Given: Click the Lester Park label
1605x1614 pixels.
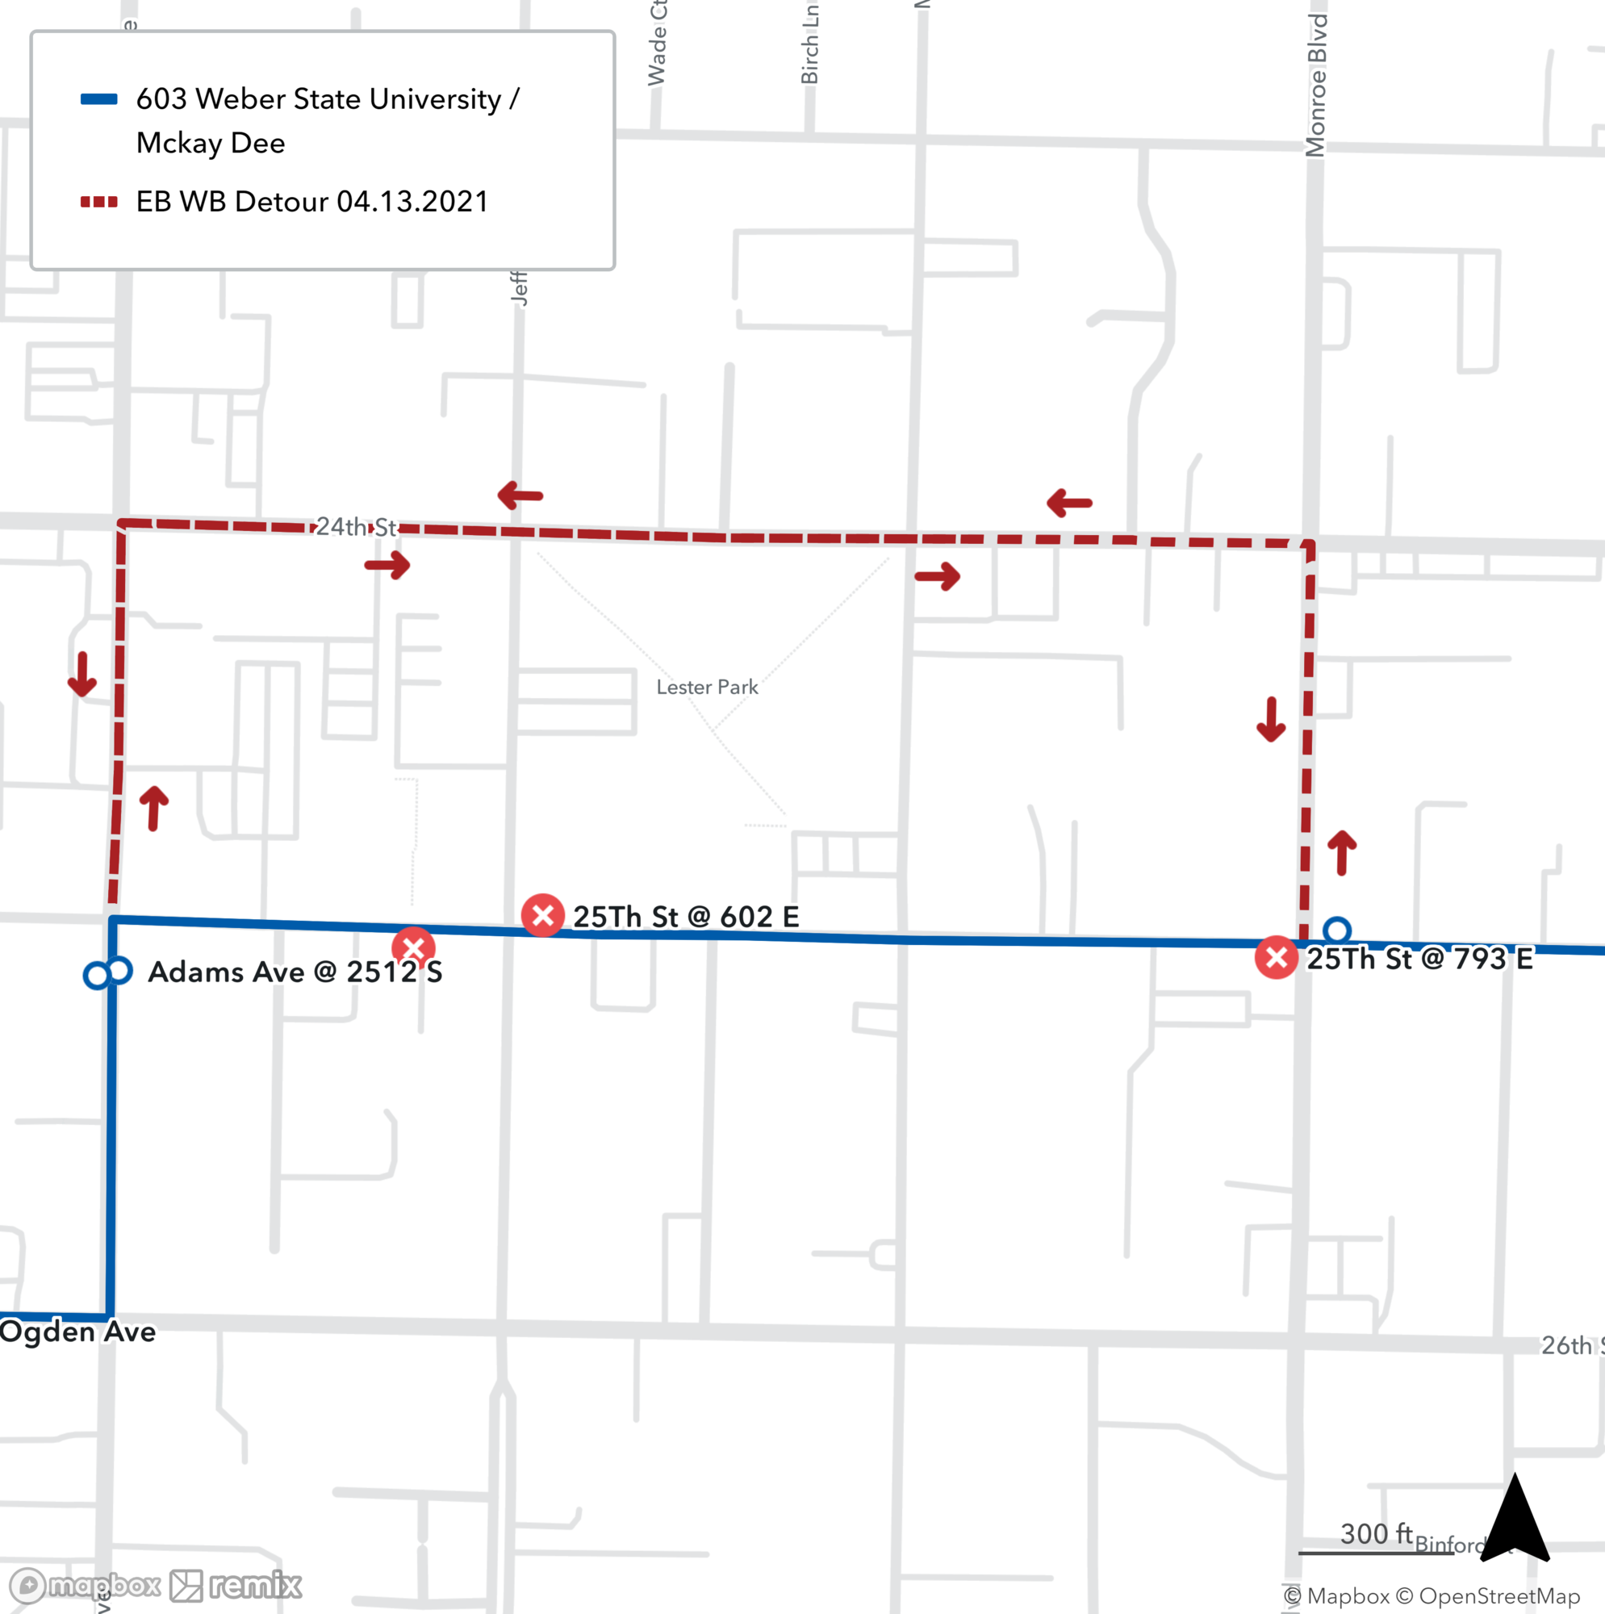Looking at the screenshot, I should click(x=707, y=687).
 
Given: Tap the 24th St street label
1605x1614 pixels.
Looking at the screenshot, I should click(x=356, y=526).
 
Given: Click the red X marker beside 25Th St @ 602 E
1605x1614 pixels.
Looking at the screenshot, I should click(x=542, y=915).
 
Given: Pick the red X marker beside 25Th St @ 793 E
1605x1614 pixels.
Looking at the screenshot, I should click(x=1276, y=957).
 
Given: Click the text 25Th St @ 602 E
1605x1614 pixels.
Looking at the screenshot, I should click(x=686, y=917).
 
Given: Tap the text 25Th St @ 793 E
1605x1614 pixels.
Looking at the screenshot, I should click(x=1419, y=958).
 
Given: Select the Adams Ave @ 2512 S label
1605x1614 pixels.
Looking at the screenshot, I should click(x=295, y=972).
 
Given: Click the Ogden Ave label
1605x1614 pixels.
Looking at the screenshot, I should click(x=77, y=1332).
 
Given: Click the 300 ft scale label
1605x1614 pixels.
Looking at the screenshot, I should click(x=1376, y=1534).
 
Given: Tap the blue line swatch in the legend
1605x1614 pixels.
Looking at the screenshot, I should click(x=98, y=99).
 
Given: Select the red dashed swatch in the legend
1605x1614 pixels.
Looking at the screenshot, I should click(x=98, y=201).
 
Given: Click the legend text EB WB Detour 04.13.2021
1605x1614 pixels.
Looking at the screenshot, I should click(x=311, y=201).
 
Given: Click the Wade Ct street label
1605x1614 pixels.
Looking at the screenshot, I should click(x=658, y=44).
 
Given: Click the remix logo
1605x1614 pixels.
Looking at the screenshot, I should click(x=236, y=1585).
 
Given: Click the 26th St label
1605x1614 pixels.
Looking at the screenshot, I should click(x=1572, y=1346).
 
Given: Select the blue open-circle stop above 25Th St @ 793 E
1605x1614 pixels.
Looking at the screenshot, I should click(x=1337, y=930).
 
